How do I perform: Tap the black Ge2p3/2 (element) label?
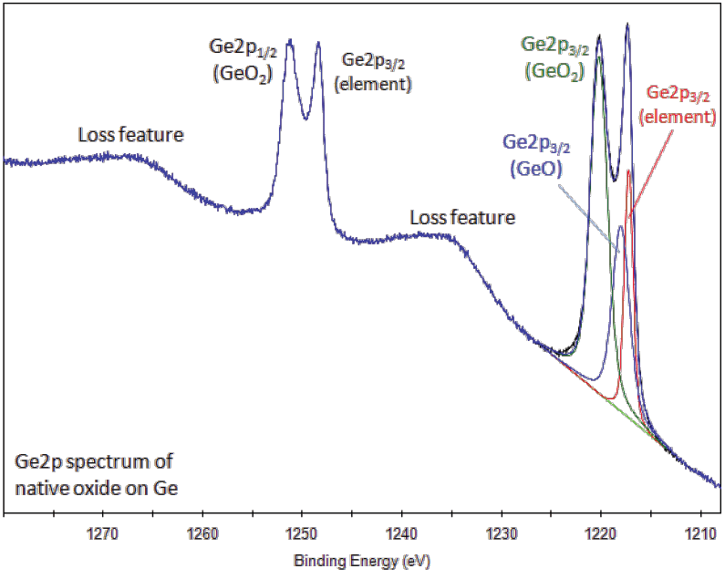[x=375, y=72]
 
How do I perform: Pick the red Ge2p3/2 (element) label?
[x=677, y=104]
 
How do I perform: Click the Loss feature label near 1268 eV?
[x=130, y=135]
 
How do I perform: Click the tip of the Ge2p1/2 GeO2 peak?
[x=290, y=40]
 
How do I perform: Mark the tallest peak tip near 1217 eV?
[x=627, y=25]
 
